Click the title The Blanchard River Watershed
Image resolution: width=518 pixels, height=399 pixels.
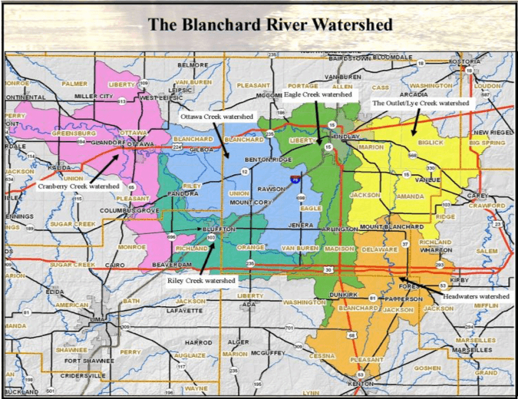[x=270, y=24]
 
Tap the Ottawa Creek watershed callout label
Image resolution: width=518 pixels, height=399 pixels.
[x=216, y=115]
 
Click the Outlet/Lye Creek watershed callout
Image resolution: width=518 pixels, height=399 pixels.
[x=420, y=102]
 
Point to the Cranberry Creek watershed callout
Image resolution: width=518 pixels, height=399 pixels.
[x=79, y=186]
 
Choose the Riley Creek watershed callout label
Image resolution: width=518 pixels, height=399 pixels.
[x=200, y=281]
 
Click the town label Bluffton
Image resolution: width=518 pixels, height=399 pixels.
[x=218, y=228]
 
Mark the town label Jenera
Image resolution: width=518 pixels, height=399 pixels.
[x=300, y=226]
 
